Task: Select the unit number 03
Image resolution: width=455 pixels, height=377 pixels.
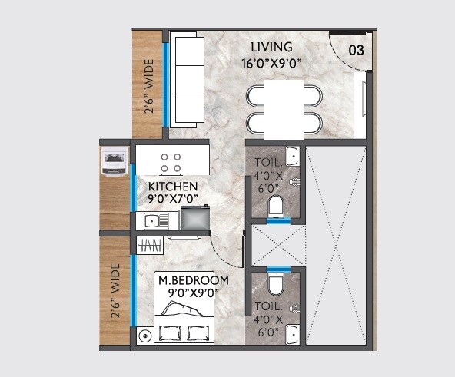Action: click(x=356, y=51)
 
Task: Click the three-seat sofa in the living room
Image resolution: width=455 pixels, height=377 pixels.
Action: click(x=185, y=78)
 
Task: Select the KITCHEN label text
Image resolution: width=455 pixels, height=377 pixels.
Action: click(x=173, y=187)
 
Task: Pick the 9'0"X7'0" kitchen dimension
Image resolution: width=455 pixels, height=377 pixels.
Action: click(x=173, y=199)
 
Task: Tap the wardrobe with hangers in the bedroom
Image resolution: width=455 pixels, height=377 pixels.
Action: click(x=150, y=245)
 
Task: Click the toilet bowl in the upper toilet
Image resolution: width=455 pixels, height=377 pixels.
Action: click(x=275, y=207)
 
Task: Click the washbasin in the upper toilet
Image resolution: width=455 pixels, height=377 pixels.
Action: click(x=292, y=157)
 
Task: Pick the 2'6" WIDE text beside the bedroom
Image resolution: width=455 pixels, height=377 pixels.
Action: click(x=116, y=293)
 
